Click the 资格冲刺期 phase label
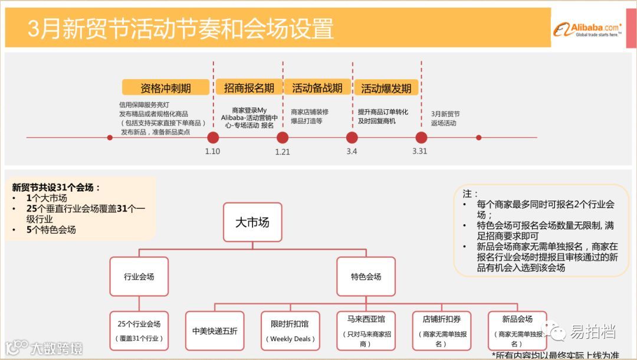pos(165,88)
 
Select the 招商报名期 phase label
pos(248,88)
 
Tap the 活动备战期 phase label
pos(317,88)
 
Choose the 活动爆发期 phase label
pos(386,89)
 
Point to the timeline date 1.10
pos(212,152)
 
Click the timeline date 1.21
pos(283,152)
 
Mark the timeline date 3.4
pos(352,151)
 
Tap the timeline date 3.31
pos(420,151)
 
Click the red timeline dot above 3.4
pos(352,138)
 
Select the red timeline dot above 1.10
pos(213,138)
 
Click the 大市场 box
pos(252,222)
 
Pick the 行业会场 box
pos(139,276)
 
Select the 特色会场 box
pos(366,276)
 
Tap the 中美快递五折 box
pos(215,331)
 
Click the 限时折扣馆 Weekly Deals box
pos(290,331)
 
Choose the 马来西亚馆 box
pos(366,331)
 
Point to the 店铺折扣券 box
pos(441,331)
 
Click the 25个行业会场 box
pos(139,331)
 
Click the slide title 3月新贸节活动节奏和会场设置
pos(180,28)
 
